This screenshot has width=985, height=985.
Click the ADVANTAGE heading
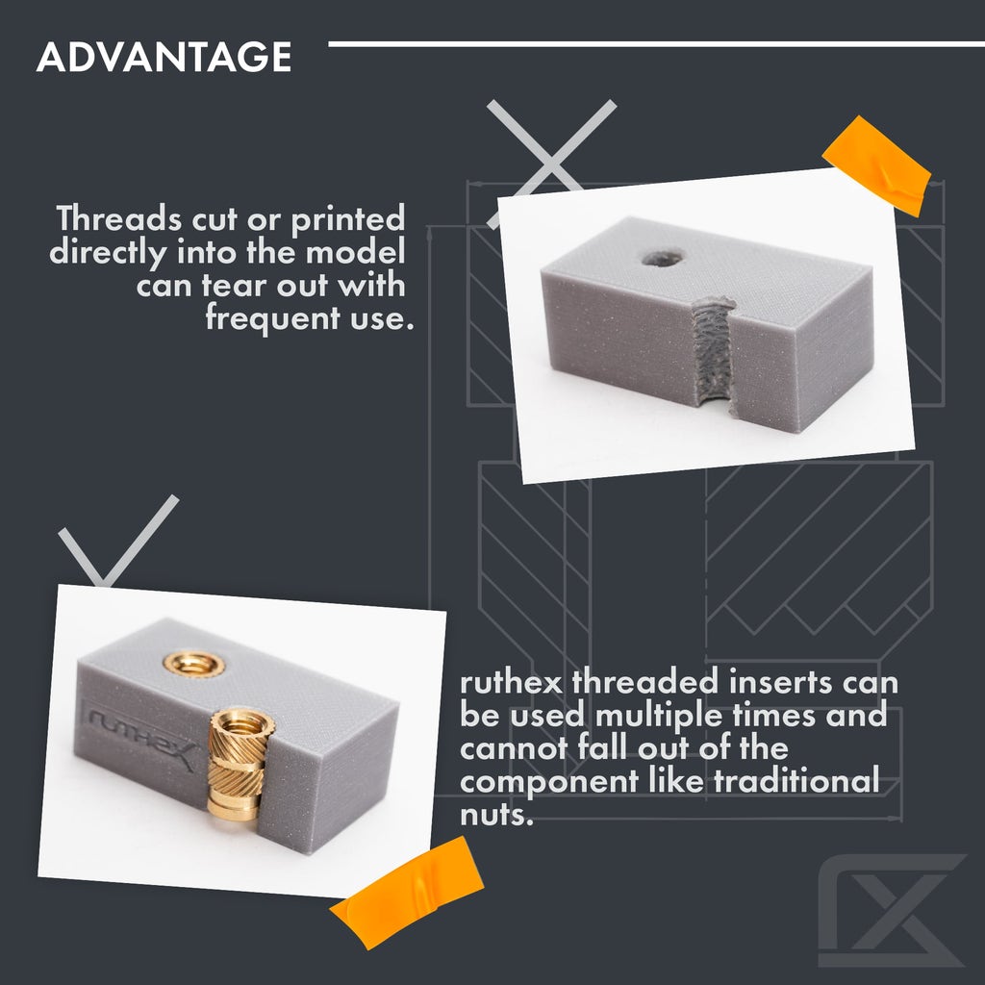[164, 58]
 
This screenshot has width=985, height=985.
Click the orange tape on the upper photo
[876, 164]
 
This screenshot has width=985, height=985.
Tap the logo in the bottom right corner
[891, 910]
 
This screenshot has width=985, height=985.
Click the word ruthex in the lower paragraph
[511, 684]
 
